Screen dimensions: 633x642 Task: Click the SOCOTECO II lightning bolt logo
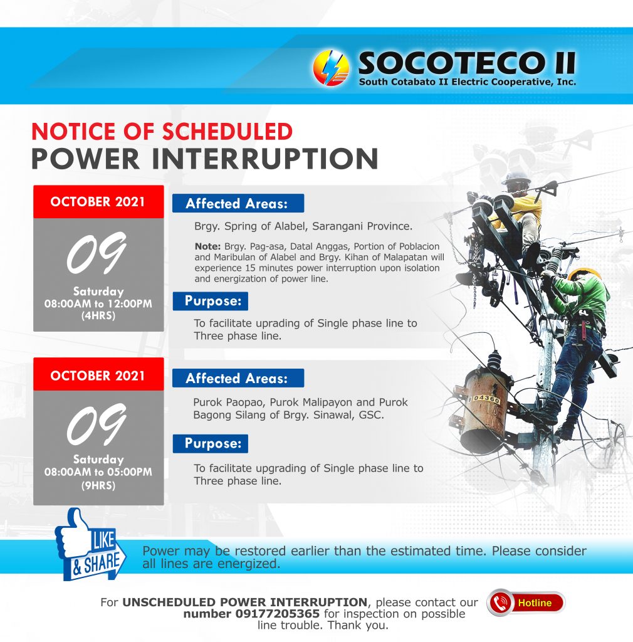[x=331, y=68]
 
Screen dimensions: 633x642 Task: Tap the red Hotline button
[x=526, y=603]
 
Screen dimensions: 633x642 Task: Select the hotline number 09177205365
[x=278, y=614]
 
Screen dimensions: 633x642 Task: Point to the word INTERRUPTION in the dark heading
[x=265, y=159]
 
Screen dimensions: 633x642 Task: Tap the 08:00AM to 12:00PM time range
[x=98, y=304]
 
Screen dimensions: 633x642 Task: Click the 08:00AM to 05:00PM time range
[x=98, y=472]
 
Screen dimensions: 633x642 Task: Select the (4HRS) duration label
[x=98, y=316]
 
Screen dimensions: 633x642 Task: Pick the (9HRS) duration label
[x=98, y=486]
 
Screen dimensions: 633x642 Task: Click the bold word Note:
[x=208, y=246]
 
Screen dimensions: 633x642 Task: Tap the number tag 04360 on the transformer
[x=485, y=398]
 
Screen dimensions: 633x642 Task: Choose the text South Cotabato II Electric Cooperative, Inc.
[x=468, y=82]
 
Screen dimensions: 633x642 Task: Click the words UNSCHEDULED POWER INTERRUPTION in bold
[x=244, y=603]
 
